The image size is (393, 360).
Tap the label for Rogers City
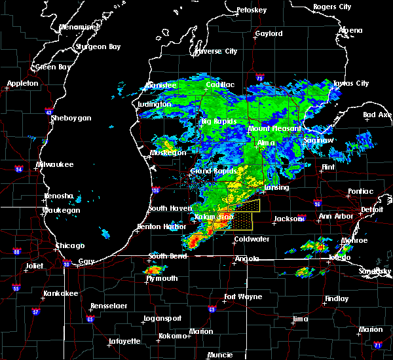331,7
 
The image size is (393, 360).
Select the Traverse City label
217,51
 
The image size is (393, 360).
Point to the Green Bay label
54,67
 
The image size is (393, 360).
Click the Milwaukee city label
55,164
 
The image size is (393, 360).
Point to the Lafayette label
122,341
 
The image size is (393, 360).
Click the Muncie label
219,355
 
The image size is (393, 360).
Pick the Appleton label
23,84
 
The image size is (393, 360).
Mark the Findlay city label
337,298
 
